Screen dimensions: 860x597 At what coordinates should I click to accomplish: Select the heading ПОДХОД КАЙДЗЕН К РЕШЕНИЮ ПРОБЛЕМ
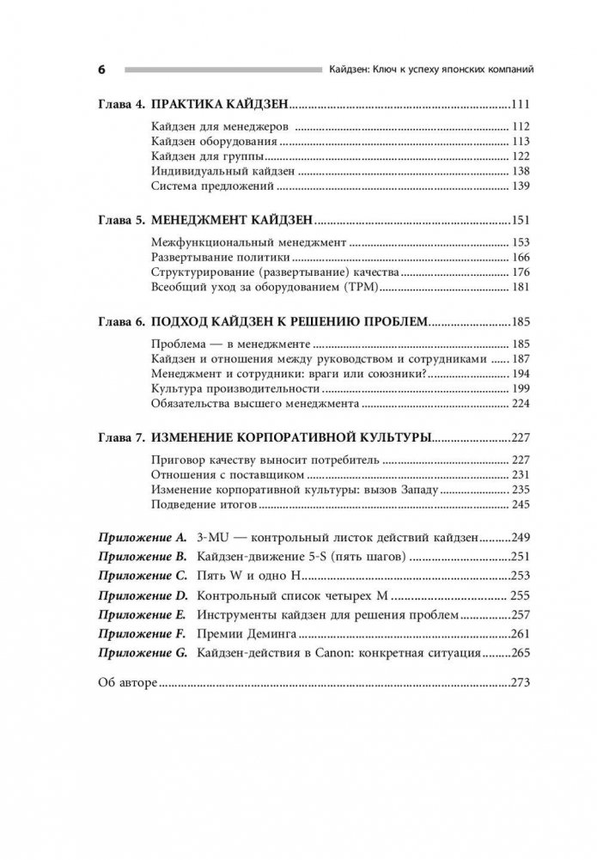pos(288,322)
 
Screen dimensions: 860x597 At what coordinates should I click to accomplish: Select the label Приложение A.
pos(139,537)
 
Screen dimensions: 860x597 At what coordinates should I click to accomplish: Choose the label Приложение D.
pos(139,595)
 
